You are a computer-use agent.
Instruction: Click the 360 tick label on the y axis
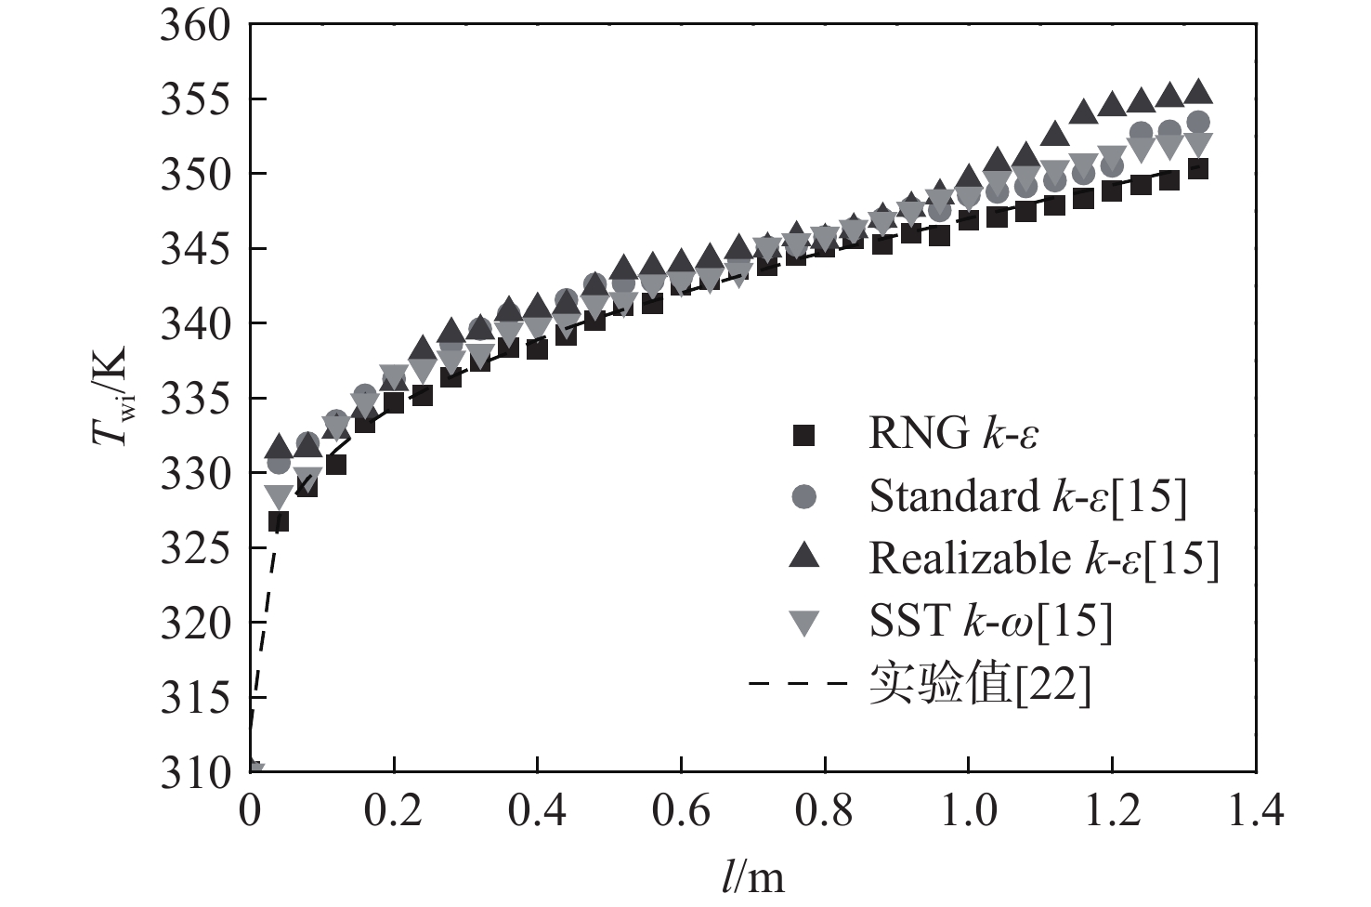point(194,25)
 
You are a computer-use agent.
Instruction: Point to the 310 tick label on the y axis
point(194,773)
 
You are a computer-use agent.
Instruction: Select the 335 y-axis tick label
point(194,400)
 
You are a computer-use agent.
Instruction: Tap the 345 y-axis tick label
point(194,250)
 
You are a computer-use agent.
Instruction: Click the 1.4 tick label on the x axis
point(1255,811)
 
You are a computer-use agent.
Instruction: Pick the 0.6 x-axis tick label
point(680,811)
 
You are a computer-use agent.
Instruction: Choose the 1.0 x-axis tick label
point(968,811)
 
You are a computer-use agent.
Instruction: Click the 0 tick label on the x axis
point(250,811)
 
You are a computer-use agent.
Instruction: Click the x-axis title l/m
point(752,875)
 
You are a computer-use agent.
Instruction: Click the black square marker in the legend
point(803,434)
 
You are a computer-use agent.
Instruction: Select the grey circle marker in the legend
point(803,496)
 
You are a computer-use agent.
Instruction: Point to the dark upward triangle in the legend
point(803,557)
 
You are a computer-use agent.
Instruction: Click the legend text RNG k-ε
point(953,434)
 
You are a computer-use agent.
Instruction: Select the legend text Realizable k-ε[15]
point(1043,558)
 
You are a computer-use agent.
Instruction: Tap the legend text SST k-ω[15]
point(990,622)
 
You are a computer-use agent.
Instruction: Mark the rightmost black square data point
point(1198,169)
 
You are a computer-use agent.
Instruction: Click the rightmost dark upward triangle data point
point(1198,92)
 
